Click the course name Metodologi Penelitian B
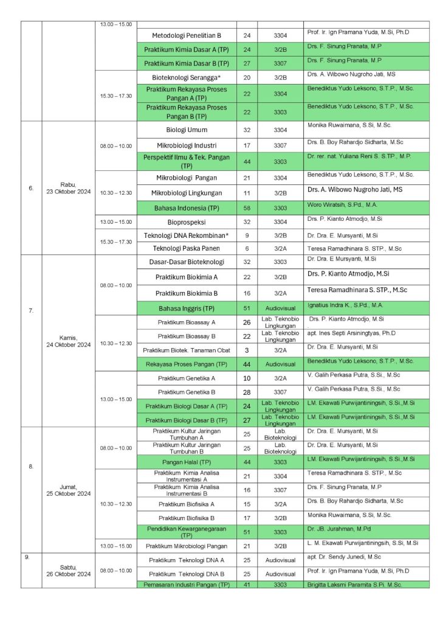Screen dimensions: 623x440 pyautogui.click(x=186, y=35)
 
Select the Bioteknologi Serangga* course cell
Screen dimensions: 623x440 pyautogui.click(x=186, y=78)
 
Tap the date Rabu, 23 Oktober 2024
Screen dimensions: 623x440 pyautogui.click(x=68, y=187)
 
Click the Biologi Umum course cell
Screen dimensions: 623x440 pyautogui.click(x=186, y=130)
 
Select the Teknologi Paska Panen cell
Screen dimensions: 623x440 pyautogui.click(x=186, y=248)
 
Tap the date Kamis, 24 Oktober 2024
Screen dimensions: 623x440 pyautogui.click(x=68, y=341)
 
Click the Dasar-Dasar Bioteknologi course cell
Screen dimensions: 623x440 pyautogui.click(x=186, y=262)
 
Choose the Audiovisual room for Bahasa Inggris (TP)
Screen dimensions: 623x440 pyautogui.click(x=280, y=308)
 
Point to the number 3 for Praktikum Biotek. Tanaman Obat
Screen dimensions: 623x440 pyautogui.click(x=247, y=350)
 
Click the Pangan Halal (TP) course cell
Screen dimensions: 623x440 pyautogui.click(x=186, y=462)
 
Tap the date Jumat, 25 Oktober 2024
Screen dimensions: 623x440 pyautogui.click(x=68, y=490)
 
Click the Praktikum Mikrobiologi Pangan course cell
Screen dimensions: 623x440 pyautogui.click(x=186, y=546)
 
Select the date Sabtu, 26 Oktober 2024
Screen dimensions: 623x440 pyautogui.click(x=68, y=570)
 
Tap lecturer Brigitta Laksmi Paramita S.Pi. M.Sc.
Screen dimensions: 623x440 pyautogui.click(x=354, y=585)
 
